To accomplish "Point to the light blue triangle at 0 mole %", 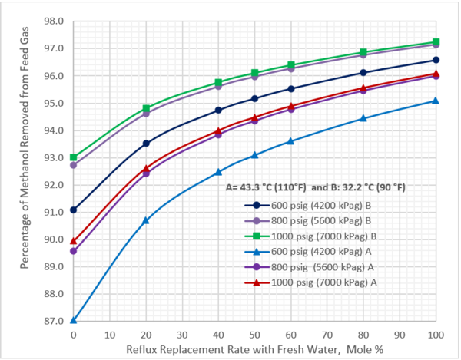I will tap(73, 320).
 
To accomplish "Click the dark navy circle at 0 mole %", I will tap(73, 210).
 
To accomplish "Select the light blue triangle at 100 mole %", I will tap(436, 101).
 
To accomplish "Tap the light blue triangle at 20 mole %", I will tap(146, 220).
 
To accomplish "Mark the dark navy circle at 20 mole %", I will tap(146, 144).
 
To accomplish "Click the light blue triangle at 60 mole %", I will tap(290, 141).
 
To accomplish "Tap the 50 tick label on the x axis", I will tap(254, 335).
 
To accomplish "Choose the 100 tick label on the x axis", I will tap(436, 335).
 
